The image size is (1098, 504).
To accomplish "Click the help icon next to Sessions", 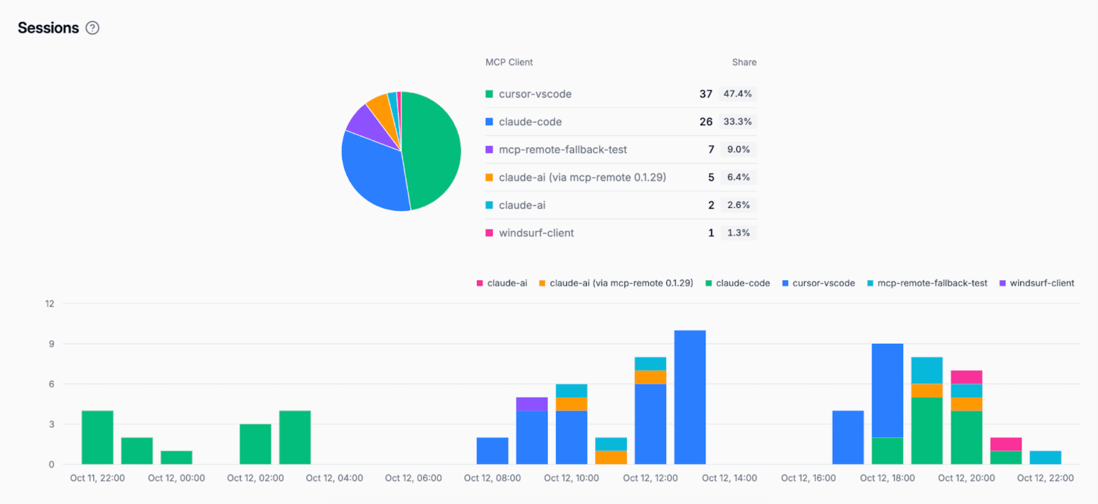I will [92, 28].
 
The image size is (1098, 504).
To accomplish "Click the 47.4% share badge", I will [737, 94].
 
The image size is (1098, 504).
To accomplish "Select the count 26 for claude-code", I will [705, 122].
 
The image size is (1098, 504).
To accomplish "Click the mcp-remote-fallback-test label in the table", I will [562, 150].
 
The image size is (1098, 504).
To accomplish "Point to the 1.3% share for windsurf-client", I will [738, 233].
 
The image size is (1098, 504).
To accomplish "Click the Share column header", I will [744, 62].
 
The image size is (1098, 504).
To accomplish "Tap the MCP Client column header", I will [509, 62].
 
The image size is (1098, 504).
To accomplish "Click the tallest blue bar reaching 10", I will [689, 396].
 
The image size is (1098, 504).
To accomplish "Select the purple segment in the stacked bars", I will [531, 404].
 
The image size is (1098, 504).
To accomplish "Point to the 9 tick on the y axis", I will [51, 343].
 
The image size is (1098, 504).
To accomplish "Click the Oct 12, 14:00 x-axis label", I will [729, 478].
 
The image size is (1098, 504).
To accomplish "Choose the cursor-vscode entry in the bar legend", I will [823, 283].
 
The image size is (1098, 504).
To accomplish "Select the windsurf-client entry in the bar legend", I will [1041, 283].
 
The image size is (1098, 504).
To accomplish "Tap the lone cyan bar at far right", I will [1045, 457].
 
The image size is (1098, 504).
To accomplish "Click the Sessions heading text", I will [48, 28].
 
